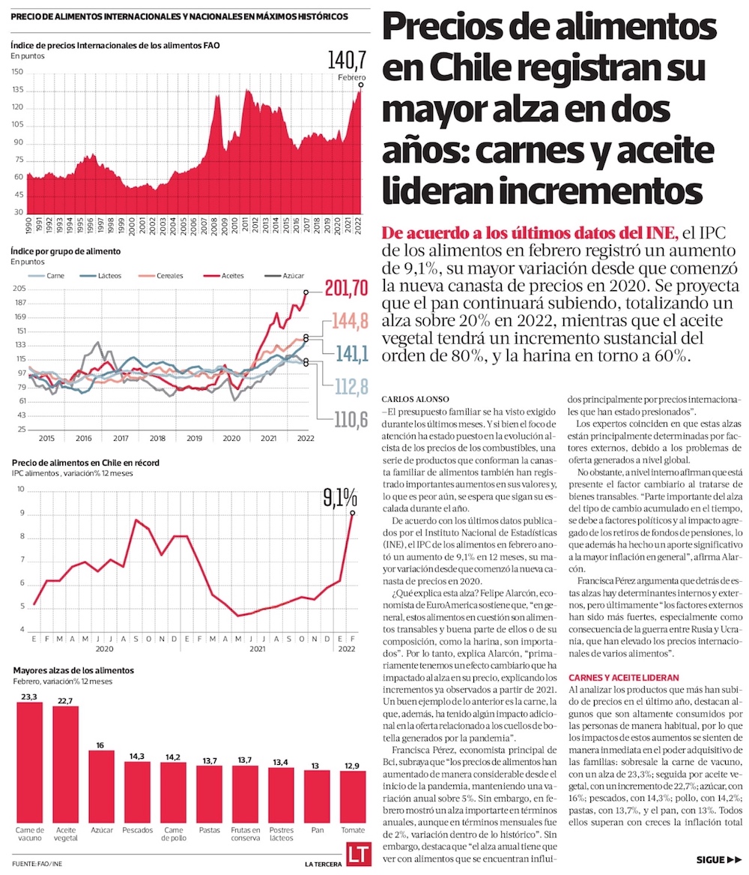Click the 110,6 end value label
[x=349, y=420]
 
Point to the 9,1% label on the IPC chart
[x=338, y=497]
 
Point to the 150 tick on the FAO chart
[x=17, y=73]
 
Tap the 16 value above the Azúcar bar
[x=101, y=746]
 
